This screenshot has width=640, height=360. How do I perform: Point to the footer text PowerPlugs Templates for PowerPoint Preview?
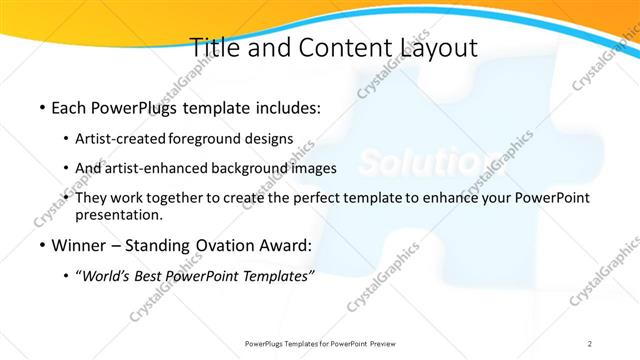pos(320,343)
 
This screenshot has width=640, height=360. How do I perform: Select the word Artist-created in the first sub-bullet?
pos(122,138)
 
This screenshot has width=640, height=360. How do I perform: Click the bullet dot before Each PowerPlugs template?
pos(41,107)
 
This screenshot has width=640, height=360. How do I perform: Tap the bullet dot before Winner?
pos(41,245)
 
